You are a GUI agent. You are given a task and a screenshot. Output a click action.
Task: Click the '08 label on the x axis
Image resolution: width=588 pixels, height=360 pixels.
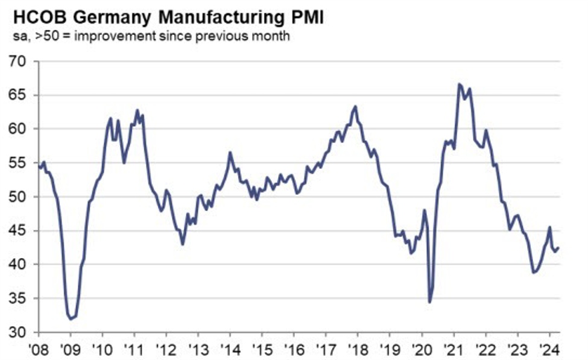coord(39,349)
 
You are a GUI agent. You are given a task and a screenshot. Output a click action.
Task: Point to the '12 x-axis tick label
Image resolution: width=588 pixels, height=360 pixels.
coord(166,349)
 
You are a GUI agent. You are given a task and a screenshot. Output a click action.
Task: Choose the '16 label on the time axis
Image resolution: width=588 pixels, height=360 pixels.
coord(294,349)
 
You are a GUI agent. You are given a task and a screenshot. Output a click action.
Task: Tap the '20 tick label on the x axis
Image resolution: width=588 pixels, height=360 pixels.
coord(422,349)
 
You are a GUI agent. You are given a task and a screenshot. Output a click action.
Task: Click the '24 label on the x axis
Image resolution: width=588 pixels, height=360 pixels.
coord(549,349)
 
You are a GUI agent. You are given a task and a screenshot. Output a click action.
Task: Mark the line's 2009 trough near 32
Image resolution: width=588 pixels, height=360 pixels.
coord(71,318)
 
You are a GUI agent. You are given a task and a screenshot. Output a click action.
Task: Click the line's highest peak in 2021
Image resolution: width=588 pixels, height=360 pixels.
coord(460,84)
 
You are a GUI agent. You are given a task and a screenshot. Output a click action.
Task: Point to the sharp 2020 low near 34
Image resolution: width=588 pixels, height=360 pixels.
coord(429,302)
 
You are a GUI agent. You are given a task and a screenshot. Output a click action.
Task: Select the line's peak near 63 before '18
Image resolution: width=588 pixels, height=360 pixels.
coord(355,107)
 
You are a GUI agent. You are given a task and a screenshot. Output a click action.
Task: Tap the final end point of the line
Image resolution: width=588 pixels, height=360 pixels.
coord(558,247)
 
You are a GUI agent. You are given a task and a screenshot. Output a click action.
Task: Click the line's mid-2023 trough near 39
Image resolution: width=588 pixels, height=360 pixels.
coord(533,272)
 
